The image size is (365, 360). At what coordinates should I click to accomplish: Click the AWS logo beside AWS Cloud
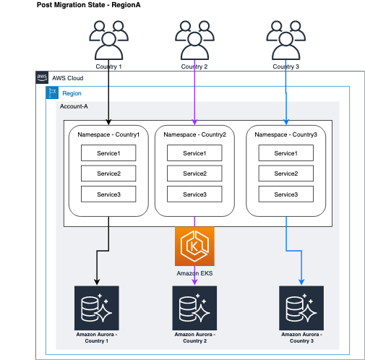(41, 77)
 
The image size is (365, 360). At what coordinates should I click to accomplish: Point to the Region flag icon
(53, 93)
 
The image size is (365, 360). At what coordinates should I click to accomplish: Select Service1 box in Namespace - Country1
(108, 153)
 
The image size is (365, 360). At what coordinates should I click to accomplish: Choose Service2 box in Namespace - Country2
(194, 173)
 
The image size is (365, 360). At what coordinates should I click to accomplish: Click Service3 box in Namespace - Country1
(108, 194)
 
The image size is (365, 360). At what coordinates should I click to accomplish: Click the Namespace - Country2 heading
(194, 134)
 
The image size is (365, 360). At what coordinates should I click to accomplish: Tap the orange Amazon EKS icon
(194, 246)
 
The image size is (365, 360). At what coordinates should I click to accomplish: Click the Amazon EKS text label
(194, 273)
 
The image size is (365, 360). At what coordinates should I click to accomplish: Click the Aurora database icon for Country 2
(194, 307)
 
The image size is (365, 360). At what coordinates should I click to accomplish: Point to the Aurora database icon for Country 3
(301, 307)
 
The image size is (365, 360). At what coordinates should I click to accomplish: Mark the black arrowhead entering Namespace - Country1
(108, 121)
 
